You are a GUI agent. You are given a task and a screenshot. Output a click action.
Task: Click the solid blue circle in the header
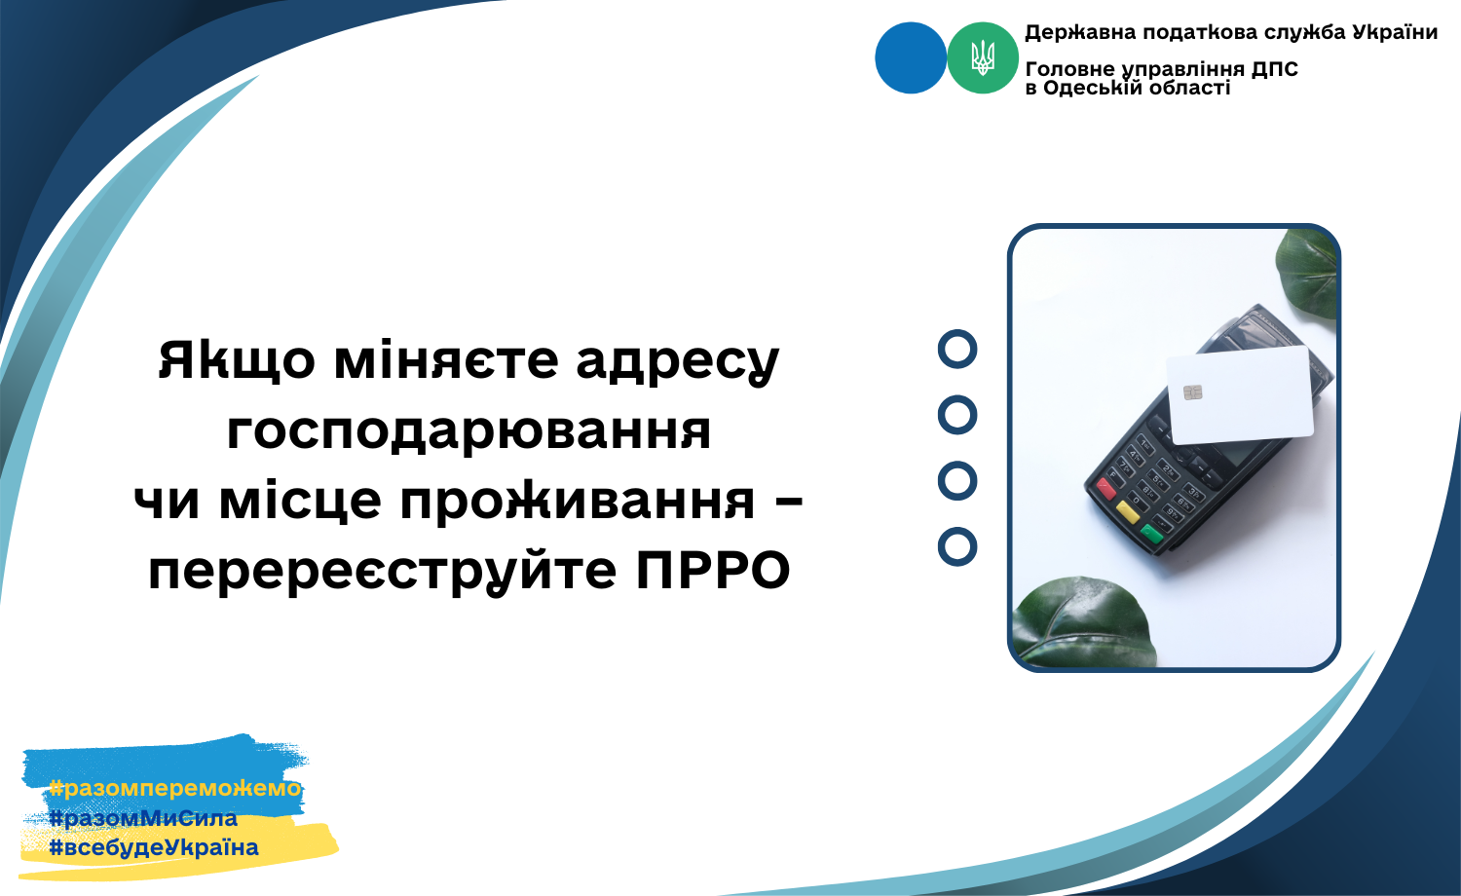pyautogui.click(x=911, y=58)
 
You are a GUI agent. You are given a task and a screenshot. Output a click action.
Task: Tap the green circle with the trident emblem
pyautogui.click(x=982, y=58)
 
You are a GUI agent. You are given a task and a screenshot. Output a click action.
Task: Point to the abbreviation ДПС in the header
pyautogui.click(x=1274, y=68)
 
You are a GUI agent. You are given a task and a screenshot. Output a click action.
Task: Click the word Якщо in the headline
pyautogui.click(x=238, y=360)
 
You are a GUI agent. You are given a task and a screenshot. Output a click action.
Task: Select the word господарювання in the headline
pyautogui.click(x=468, y=431)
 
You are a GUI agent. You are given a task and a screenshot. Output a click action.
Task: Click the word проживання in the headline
pyautogui.click(x=578, y=502)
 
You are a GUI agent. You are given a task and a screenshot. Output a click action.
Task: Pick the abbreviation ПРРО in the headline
pyautogui.click(x=713, y=572)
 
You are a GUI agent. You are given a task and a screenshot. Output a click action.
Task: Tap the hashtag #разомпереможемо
pyautogui.click(x=175, y=789)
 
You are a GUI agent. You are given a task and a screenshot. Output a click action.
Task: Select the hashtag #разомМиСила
pyautogui.click(x=143, y=818)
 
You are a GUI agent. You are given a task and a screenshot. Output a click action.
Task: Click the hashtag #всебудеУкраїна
pyautogui.click(x=154, y=847)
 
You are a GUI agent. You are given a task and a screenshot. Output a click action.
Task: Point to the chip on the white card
pyautogui.click(x=1193, y=392)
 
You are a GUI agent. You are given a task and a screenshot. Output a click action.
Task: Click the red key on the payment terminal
pyautogui.click(x=1106, y=488)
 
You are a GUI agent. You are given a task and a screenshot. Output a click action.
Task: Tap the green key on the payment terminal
pyautogui.click(x=1151, y=534)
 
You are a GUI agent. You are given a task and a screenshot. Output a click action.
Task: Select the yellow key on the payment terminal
pyautogui.click(x=1128, y=511)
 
